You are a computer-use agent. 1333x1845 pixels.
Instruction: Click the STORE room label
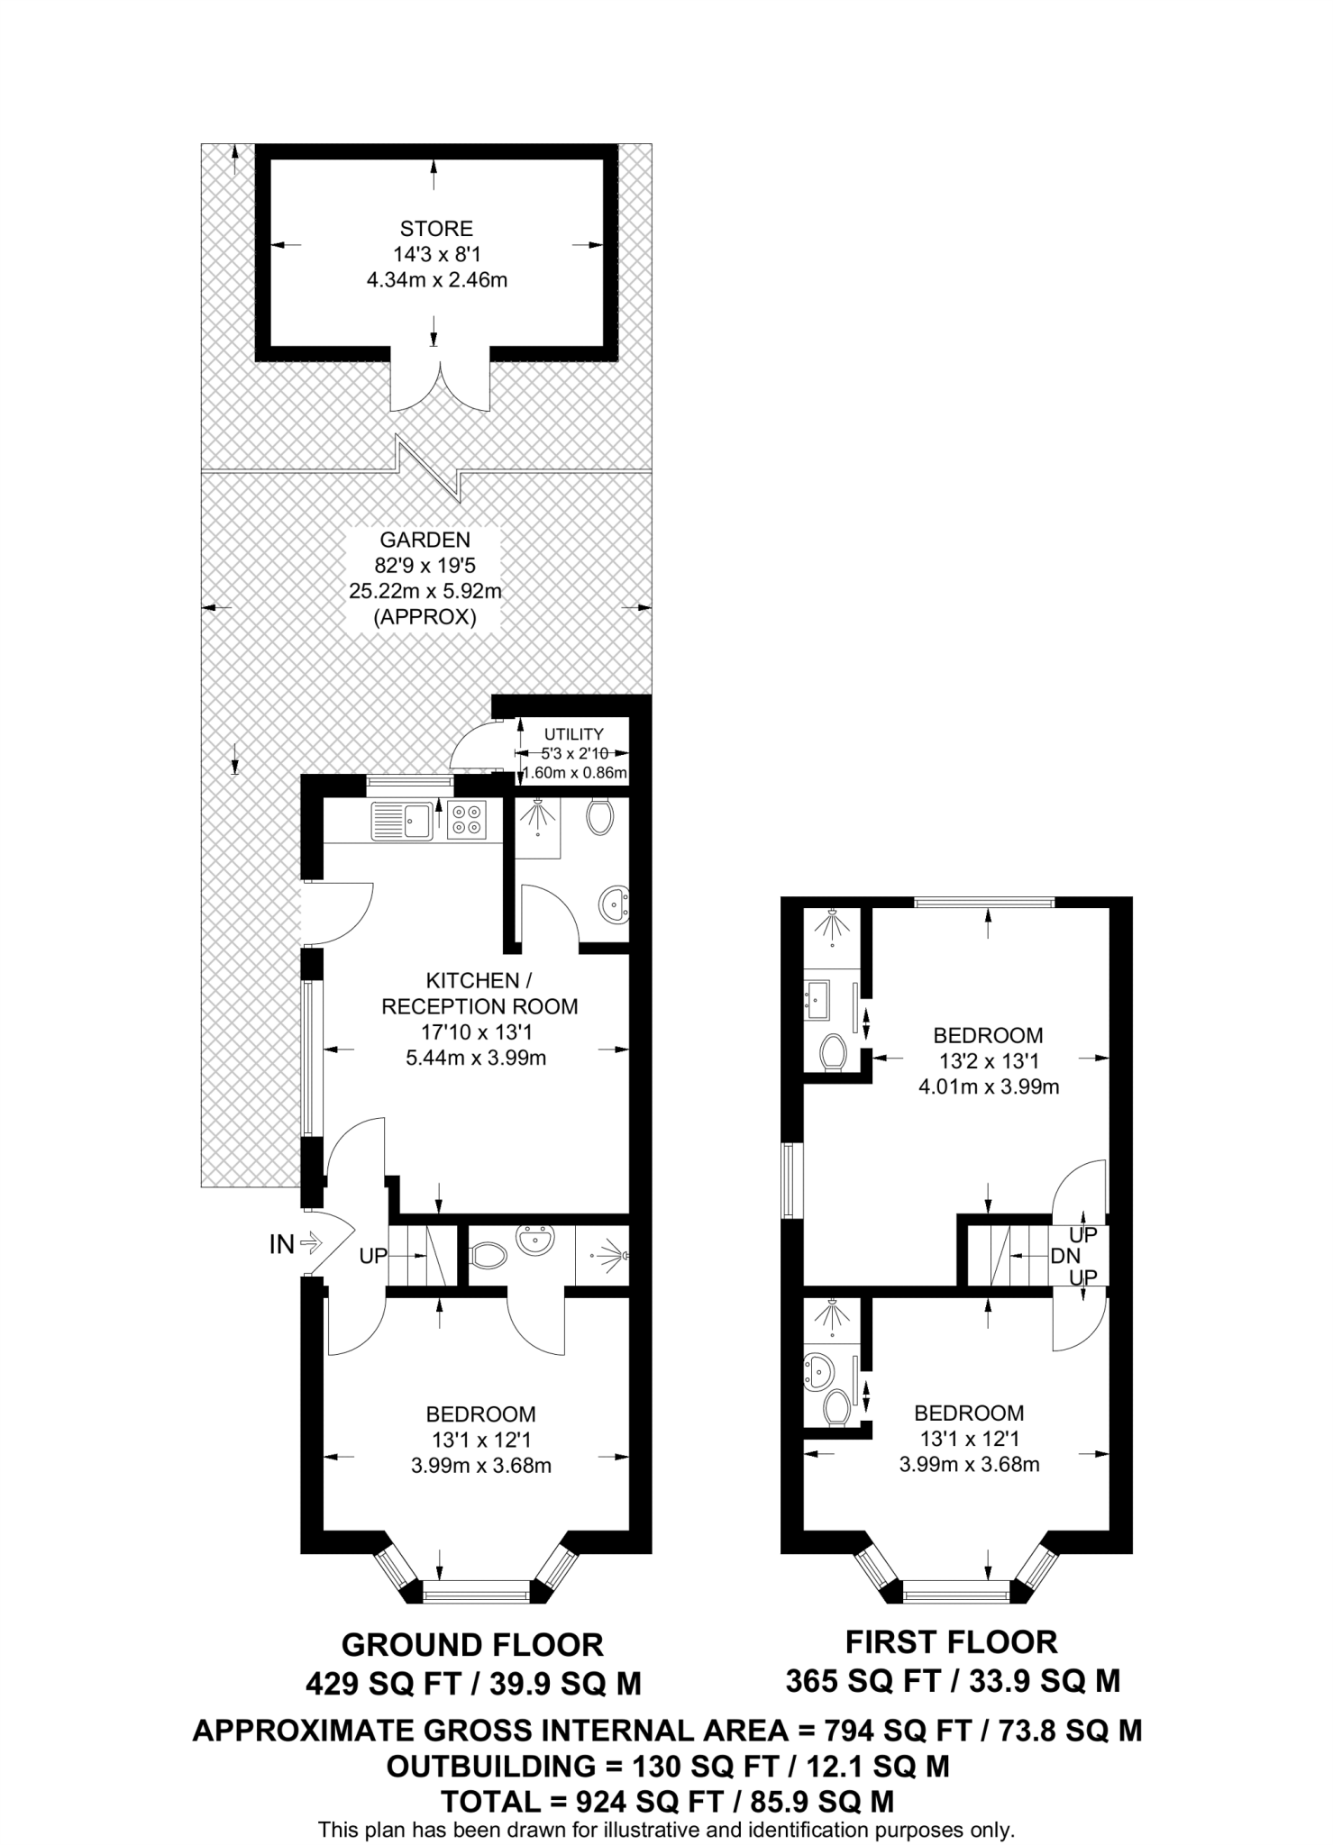(x=436, y=229)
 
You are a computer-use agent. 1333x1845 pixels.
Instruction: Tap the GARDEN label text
(x=425, y=541)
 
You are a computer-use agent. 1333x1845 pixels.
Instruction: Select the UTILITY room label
(x=573, y=734)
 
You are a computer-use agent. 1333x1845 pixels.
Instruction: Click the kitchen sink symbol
(x=403, y=819)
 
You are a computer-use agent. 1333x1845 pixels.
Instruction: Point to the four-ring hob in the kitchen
(x=467, y=819)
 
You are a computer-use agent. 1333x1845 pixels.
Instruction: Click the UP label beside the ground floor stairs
(x=372, y=1255)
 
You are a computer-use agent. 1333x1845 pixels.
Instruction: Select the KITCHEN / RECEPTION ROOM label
(x=479, y=993)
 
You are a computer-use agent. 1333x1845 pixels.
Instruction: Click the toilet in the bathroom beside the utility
(x=599, y=816)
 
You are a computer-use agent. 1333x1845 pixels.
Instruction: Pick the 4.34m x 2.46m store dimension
(x=436, y=280)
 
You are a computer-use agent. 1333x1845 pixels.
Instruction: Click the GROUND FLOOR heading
(x=472, y=1645)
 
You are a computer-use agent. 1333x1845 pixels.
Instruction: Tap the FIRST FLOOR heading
(x=951, y=1642)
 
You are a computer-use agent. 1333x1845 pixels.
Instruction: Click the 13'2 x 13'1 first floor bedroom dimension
(x=988, y=1061)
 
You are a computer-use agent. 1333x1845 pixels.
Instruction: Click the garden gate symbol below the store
(x=430, y=468)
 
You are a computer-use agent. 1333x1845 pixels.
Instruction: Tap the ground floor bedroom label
(x=480, y=1413)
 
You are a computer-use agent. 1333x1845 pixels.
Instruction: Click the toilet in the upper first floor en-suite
(x=834, y=1052)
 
